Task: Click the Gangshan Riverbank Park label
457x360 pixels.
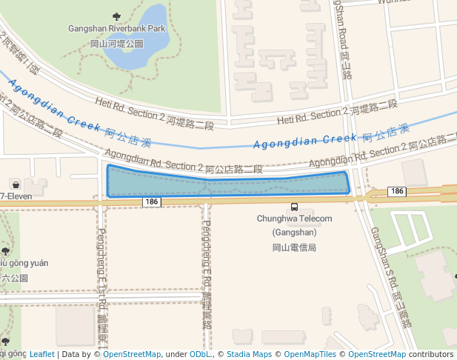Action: [x=116, y=28]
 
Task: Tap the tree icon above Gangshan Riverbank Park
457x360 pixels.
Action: [x=116, y=16]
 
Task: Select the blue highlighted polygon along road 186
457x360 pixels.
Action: [x=222, y=184]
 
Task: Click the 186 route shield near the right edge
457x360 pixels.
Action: [x=396, y=191]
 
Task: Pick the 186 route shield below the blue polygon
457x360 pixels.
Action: [x=151, y=201]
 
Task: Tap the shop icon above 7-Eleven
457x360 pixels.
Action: [x=16, y=184]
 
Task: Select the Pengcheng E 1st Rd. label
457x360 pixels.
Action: [x=101, y=281]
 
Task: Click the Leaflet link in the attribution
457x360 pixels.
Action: [x=41, y=354]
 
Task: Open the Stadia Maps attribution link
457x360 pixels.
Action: [x=248, y=354]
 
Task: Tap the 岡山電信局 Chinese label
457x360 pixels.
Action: [x=294, y=247]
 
